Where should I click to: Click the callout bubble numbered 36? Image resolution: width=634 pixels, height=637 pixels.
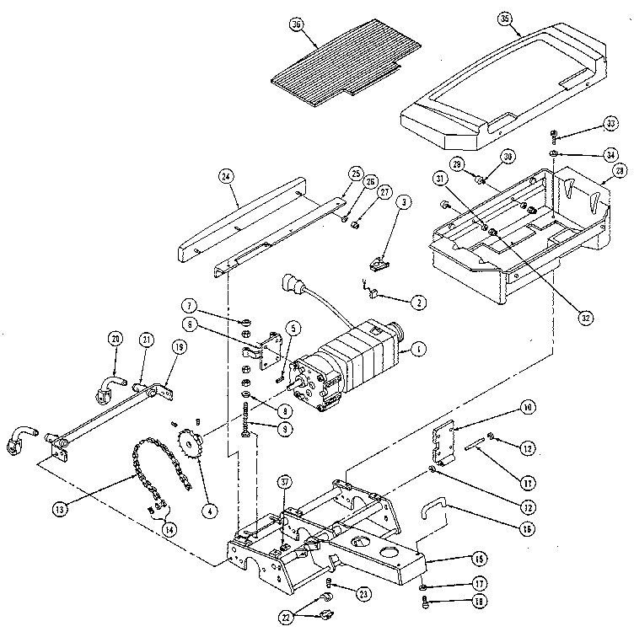296,26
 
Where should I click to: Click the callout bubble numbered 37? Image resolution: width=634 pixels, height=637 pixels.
285,481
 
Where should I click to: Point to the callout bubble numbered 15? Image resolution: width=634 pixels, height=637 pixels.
478,558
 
